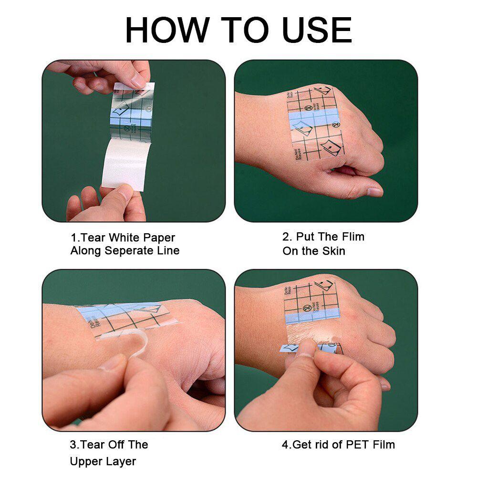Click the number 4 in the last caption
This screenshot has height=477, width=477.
click(285, 445)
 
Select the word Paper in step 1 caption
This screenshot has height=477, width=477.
click(160, 238)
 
